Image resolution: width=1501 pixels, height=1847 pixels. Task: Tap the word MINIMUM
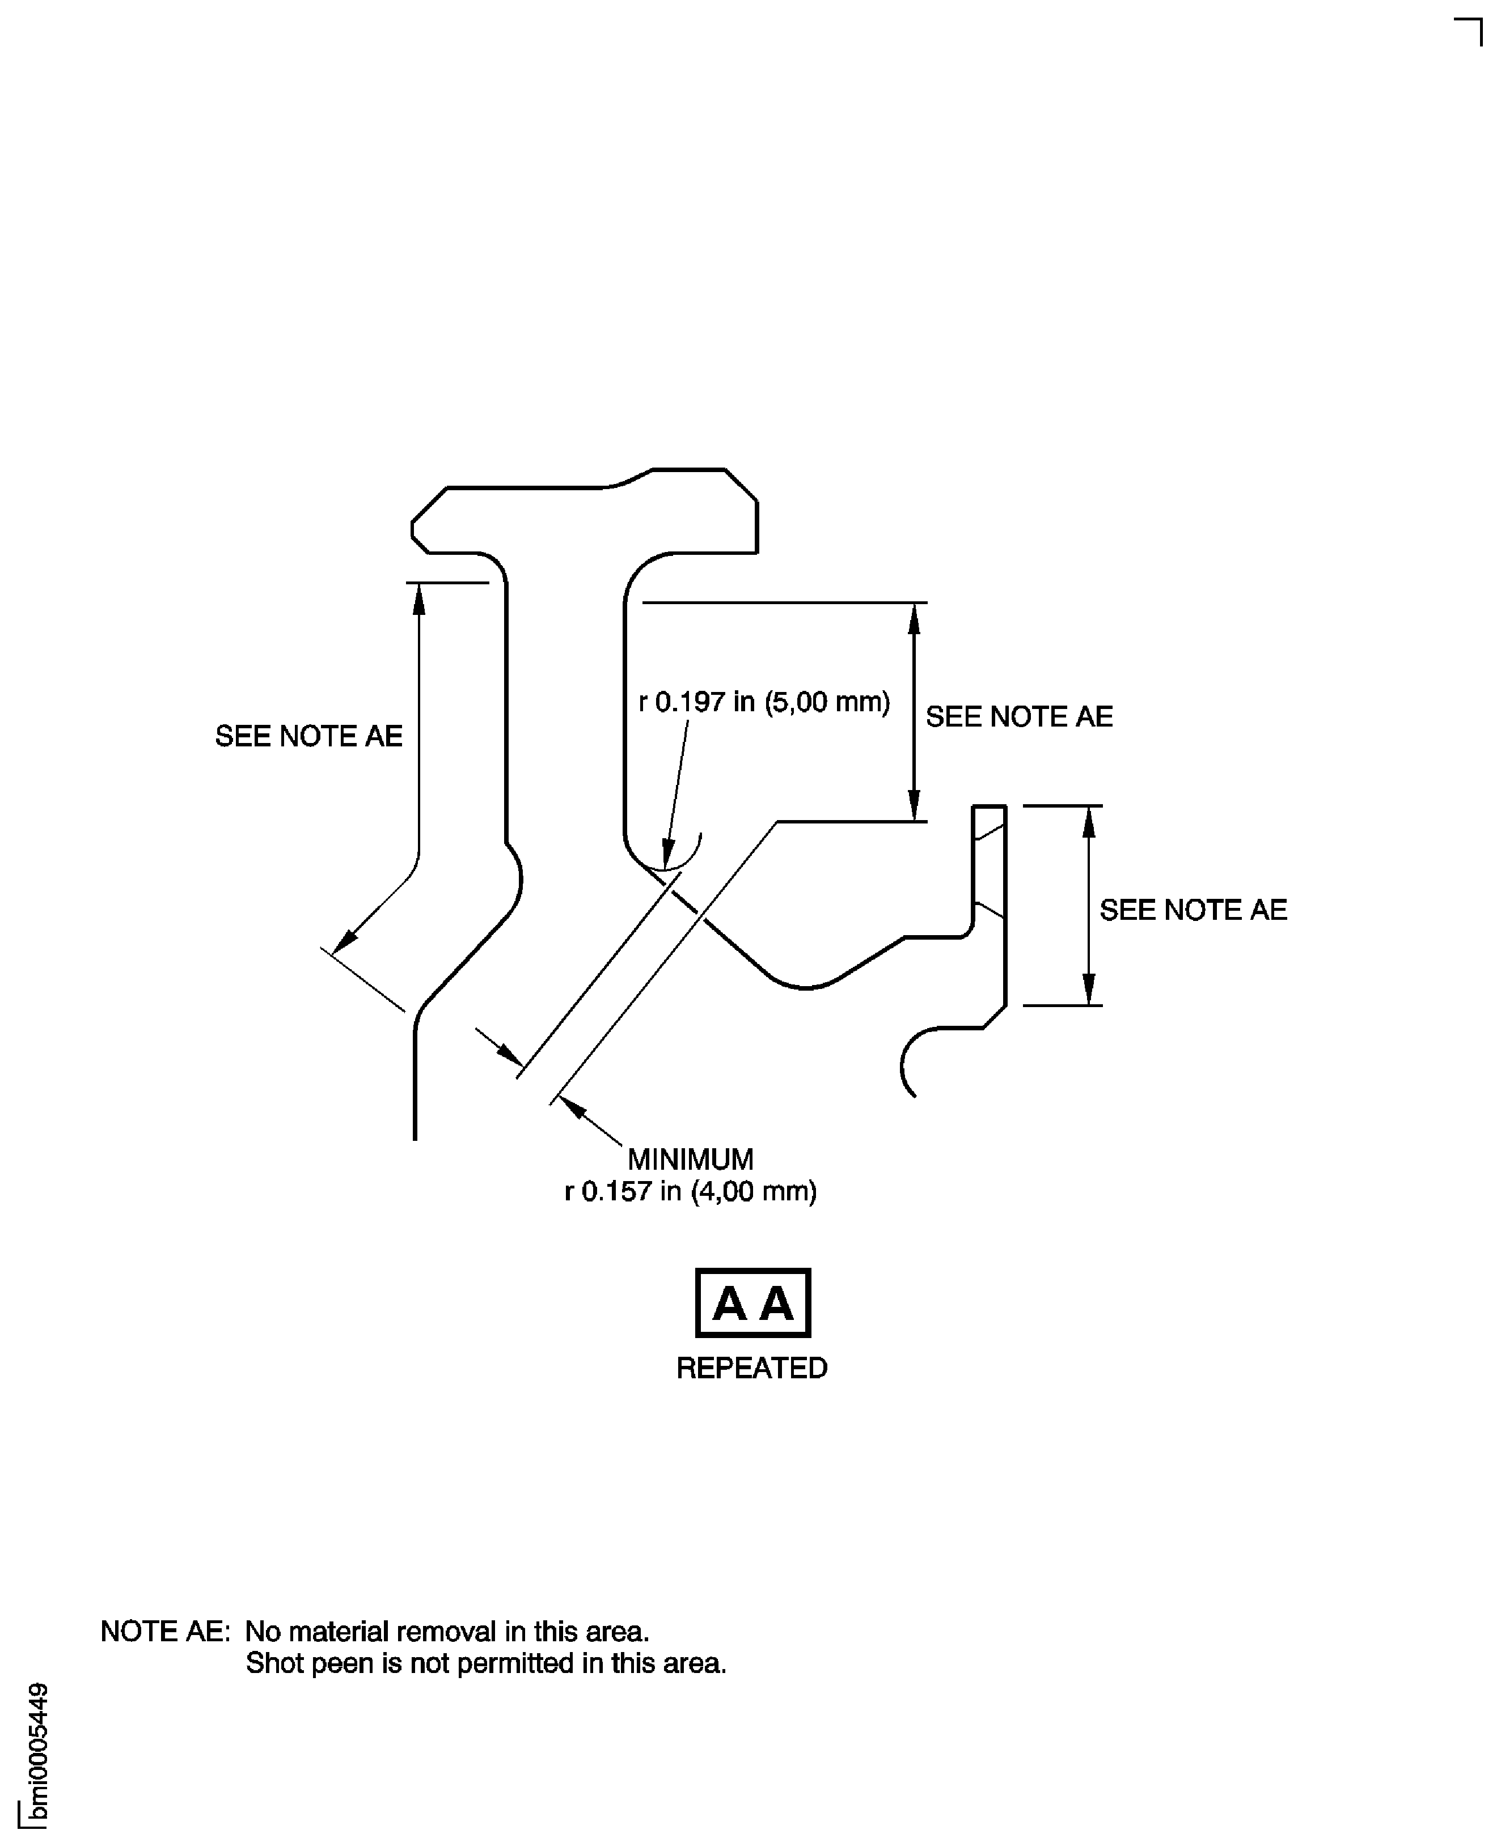(x=691, y=1159)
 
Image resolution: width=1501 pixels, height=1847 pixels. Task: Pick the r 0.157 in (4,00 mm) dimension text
(x=691, y=1192)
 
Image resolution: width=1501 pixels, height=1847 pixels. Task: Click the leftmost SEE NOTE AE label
(x=308, y=736)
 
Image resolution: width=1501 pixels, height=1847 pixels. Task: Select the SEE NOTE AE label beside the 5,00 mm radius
(x=1020, y=716)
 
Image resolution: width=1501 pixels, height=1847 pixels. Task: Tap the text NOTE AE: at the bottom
(x=165, y=1631)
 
